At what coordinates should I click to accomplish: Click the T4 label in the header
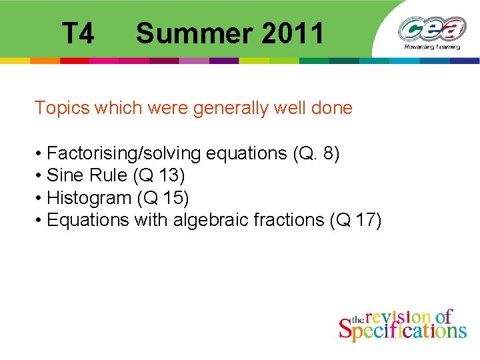[78, 33]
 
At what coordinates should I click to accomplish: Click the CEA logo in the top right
[433, 29]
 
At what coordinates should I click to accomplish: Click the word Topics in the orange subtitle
[61, 108]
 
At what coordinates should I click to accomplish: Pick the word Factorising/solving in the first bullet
[124, 154]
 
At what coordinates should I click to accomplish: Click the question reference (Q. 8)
[316, 154]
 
